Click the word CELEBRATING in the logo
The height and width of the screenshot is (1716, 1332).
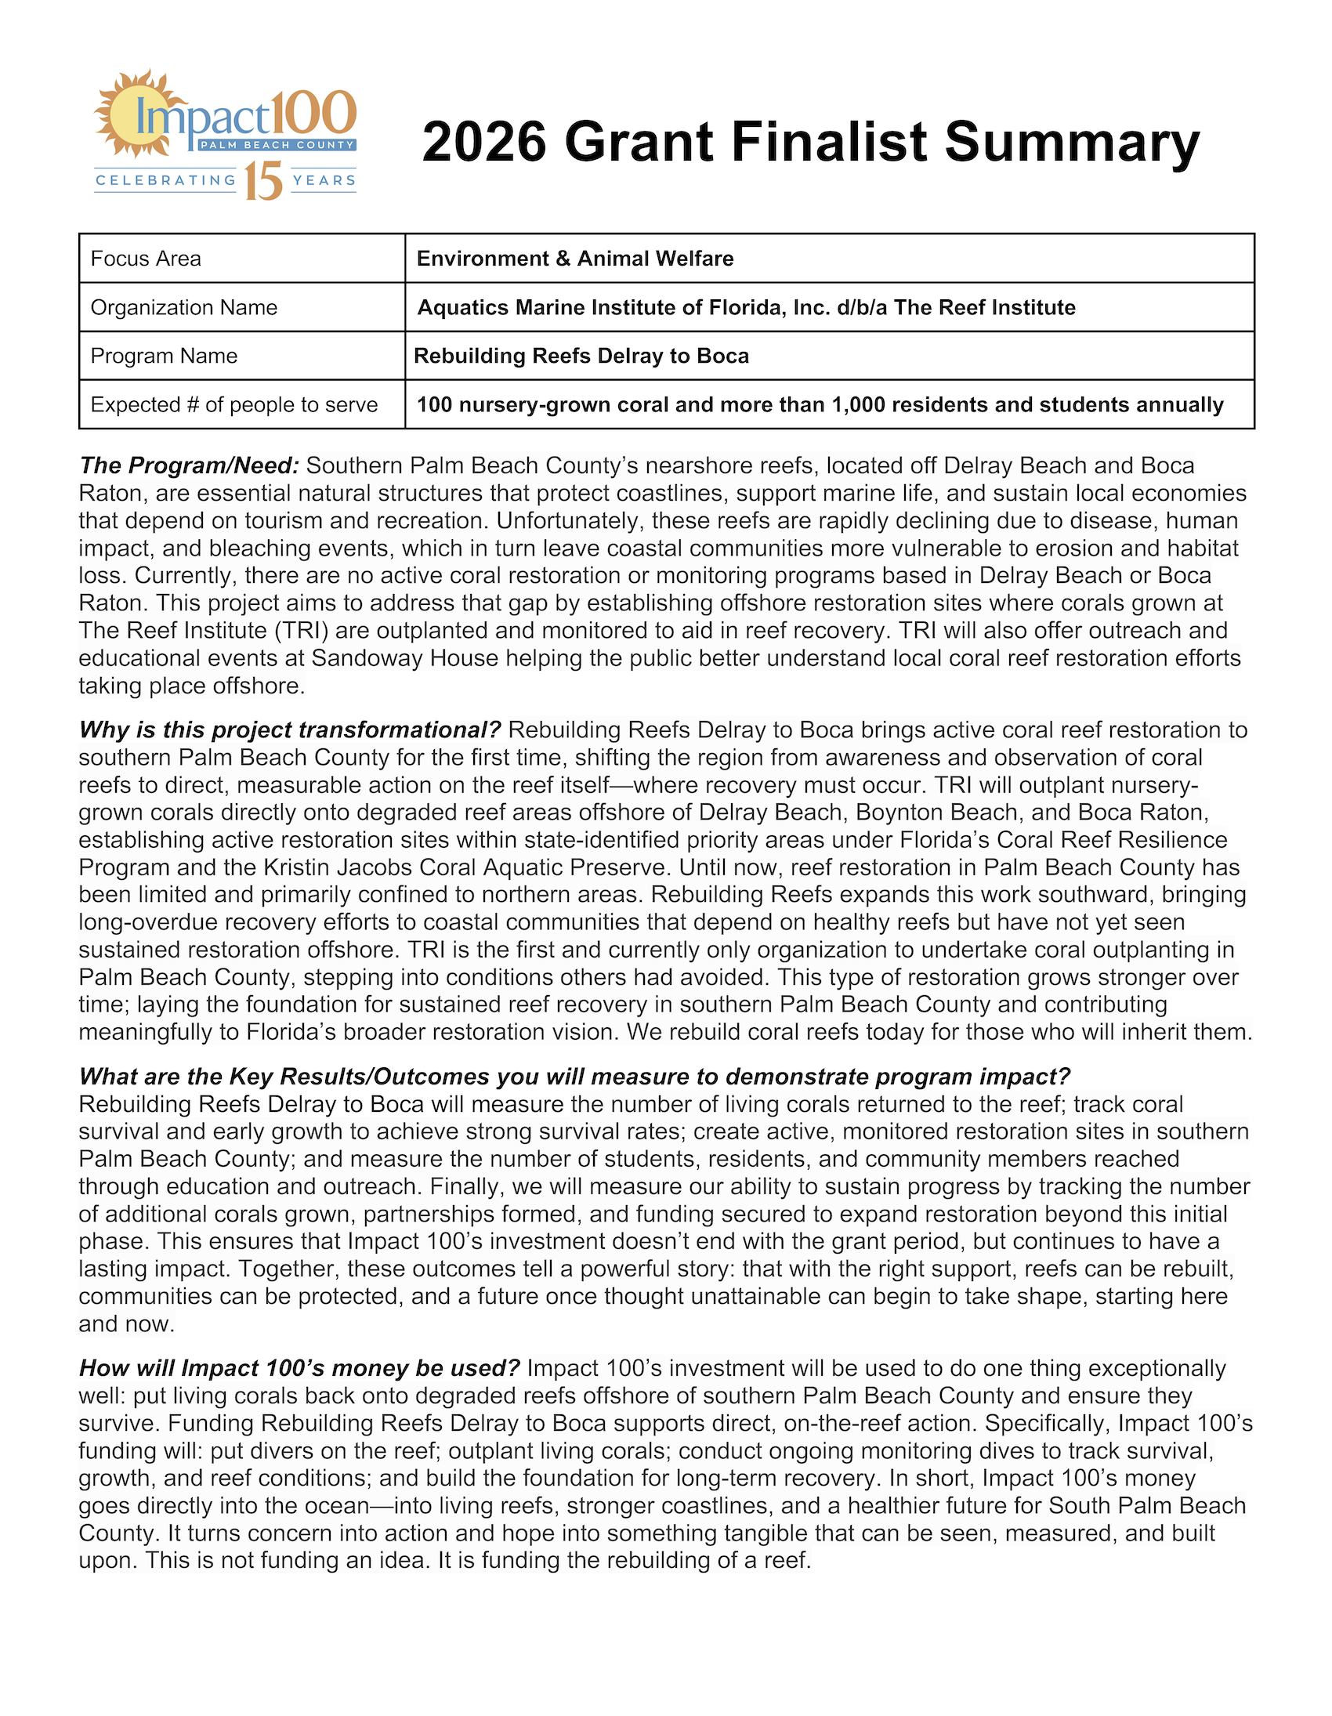165,181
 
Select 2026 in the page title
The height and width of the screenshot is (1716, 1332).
483,142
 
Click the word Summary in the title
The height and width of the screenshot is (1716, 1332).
1072,142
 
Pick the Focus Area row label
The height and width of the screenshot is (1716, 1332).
147,259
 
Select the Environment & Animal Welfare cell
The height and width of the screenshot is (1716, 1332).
575,259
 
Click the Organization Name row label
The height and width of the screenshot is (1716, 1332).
184,307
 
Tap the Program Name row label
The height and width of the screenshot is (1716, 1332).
165,356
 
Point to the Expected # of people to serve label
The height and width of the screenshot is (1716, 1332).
234,404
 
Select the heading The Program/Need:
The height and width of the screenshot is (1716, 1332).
190,466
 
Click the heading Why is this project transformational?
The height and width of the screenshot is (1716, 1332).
290,730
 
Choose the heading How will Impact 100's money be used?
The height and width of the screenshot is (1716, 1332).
299,1368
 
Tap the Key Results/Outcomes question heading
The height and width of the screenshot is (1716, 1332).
574,1077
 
